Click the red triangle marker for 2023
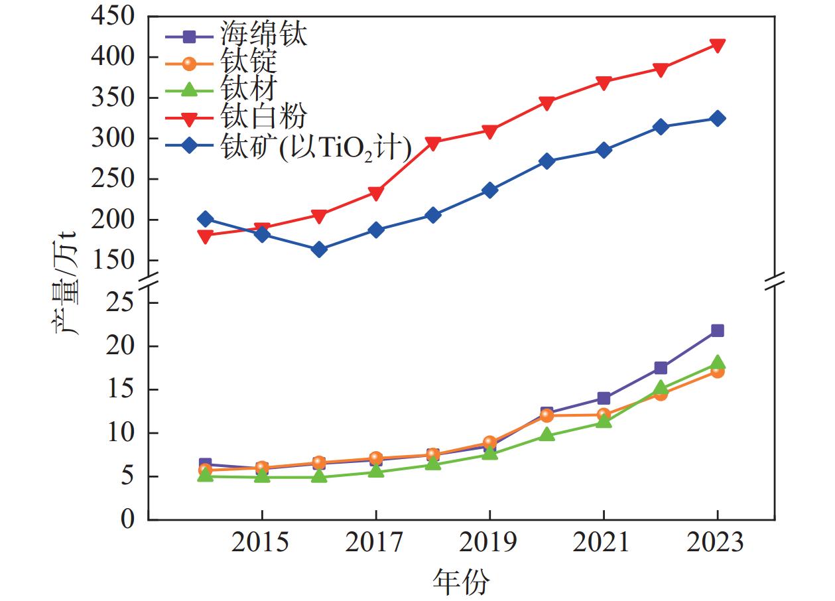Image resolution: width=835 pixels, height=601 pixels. click(718, 45)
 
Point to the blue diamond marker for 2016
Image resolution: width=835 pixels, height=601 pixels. click(319, 249)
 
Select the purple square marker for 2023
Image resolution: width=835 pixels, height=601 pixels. click(718, 330)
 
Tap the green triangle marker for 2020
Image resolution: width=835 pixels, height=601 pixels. click(546, 434)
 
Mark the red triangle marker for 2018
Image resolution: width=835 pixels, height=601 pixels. click(433, 143)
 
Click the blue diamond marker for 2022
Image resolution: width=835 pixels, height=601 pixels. click(661, 127)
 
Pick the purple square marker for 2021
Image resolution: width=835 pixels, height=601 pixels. click(604, 398)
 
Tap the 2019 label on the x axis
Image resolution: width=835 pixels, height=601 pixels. click(489, 543)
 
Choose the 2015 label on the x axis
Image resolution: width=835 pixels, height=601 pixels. click(262, 543)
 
